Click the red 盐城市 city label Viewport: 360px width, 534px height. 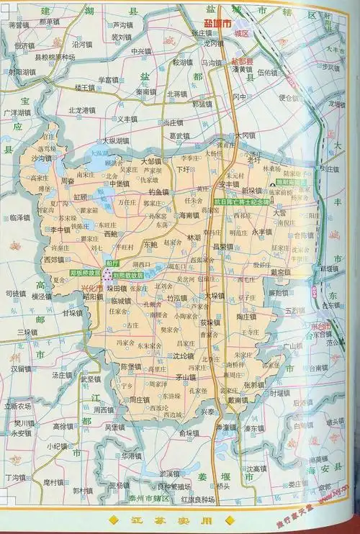(217, 24)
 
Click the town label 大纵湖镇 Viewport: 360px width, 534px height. (115, 140)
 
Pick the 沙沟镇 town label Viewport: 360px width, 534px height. (42, 158)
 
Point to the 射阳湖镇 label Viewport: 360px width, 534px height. (22, 72)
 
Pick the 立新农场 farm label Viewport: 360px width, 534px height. (19, 405)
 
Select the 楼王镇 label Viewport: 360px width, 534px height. (85, 87)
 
